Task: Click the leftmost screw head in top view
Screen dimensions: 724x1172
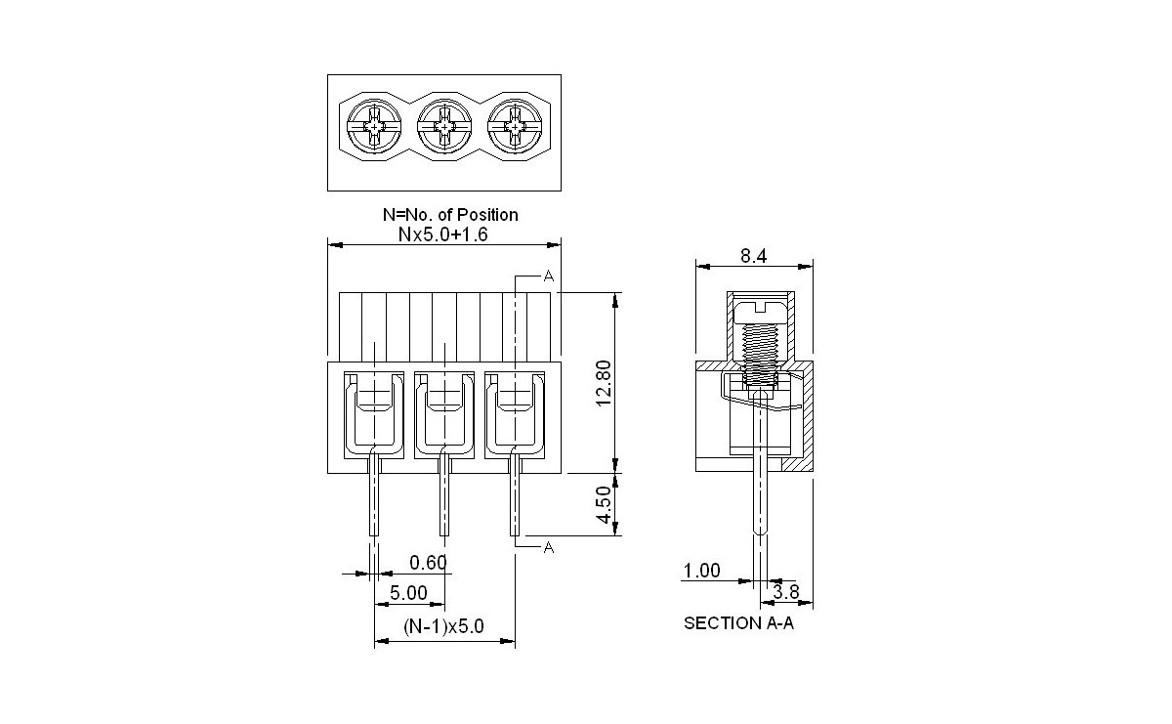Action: tap(374, 128)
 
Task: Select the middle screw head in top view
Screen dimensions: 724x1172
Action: tap(444, 128)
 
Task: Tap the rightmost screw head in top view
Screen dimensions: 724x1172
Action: tap(515, 128)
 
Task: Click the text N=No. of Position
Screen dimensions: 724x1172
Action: tap(449, 214)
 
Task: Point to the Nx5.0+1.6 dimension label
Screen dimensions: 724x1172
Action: tap(444, 234)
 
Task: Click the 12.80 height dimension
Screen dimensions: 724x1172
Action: tap(603, 382)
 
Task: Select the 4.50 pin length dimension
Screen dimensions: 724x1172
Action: tap(604, 504)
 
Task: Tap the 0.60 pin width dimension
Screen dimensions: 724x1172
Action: tap(428, 562)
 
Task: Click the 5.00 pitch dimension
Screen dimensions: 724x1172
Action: tap(408, 592)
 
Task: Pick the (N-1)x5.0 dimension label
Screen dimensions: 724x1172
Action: tap(443, 626)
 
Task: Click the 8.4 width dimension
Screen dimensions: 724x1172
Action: tap(753, 256)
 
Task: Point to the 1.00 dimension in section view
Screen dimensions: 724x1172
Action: tap(701, 571)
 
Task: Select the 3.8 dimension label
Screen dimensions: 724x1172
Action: tap(786, 591)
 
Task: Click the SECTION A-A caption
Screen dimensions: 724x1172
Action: tap(738, 622)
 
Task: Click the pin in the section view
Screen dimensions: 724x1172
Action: tap(760, 498)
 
